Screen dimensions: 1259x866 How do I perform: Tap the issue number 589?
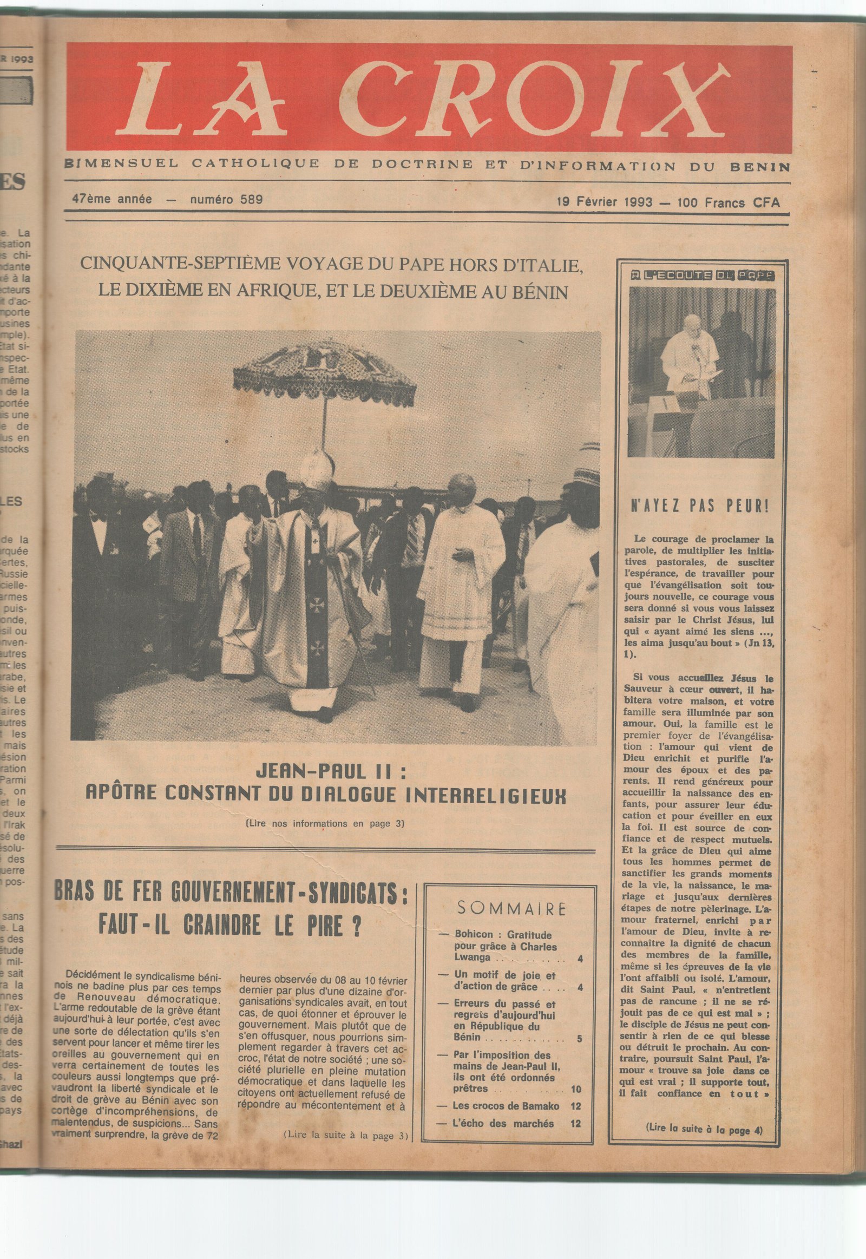[x=251, y=199]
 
